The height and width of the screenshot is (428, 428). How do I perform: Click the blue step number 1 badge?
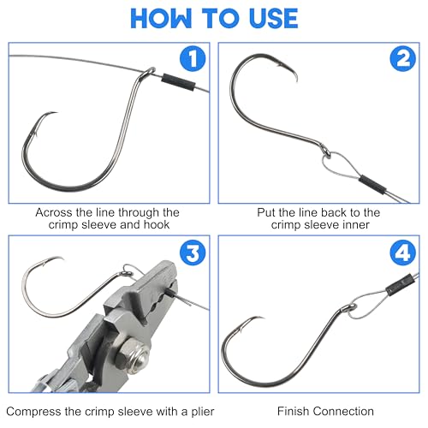[x=193, y=58]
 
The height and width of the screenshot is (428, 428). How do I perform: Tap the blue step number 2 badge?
[x=402, y=58]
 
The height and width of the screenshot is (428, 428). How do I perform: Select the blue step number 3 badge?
[x=193, y=253]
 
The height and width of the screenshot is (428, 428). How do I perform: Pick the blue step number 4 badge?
[x=402, y=253]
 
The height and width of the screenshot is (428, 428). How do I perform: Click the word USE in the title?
[x=274, y=19]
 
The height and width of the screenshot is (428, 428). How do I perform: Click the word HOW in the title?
[x=161, y=19]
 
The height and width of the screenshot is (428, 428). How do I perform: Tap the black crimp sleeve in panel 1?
[x=178, y=81]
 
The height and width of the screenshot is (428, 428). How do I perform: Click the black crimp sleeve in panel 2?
[x=372, y=184]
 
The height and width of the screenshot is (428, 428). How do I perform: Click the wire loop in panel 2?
[x=340, y=165]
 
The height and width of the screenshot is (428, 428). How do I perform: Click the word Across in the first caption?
[x=54, y=212]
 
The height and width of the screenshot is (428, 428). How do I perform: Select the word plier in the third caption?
[x=203, y=412]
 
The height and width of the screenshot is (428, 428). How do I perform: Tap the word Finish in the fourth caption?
[x=294, y=411]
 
